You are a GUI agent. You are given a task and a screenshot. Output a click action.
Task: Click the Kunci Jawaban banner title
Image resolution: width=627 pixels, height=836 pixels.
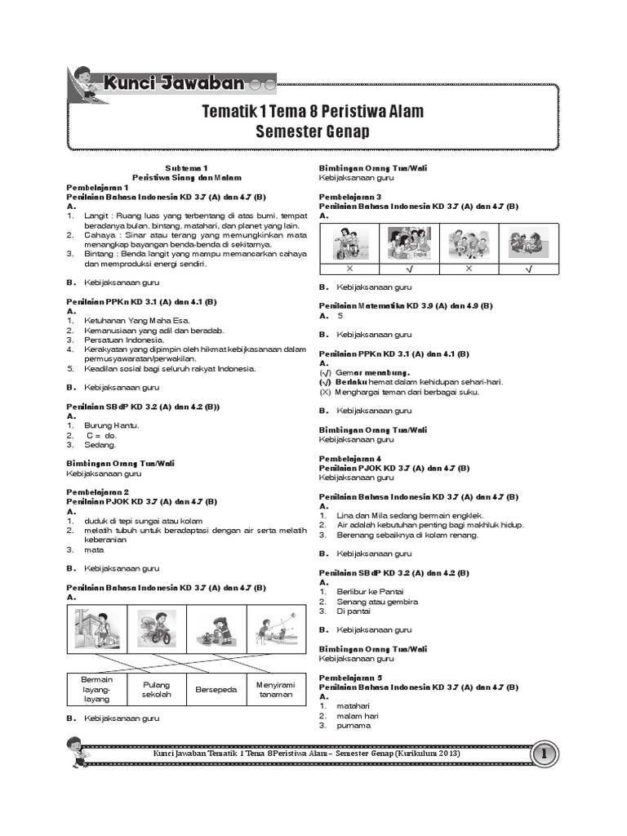173,82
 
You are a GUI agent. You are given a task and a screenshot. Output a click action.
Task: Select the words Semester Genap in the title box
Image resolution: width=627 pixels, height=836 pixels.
313,131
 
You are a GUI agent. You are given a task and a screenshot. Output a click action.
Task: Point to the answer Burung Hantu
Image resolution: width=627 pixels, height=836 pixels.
111,425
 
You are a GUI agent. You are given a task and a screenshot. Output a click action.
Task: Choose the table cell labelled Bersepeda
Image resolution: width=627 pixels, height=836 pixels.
216,690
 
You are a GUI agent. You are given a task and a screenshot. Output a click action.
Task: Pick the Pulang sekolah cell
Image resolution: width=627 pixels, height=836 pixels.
157,690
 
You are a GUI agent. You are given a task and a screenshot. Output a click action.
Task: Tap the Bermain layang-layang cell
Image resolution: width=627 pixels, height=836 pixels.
96,690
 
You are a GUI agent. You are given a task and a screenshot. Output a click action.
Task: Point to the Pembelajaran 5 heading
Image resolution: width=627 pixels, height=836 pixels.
350,678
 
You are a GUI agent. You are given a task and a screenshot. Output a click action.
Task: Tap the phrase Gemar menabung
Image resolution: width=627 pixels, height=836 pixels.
368,372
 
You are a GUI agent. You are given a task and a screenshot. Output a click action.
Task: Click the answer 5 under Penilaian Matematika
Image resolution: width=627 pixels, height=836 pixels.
340,315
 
